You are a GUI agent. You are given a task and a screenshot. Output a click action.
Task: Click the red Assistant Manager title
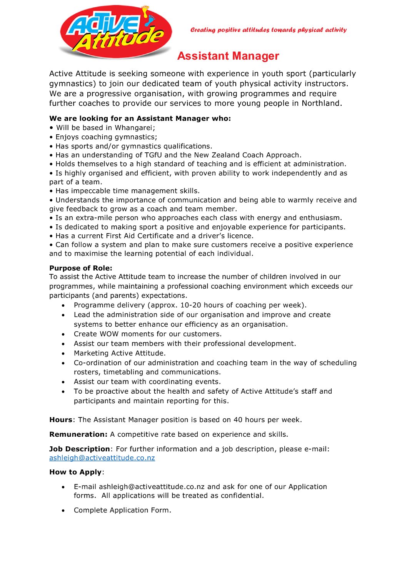228,56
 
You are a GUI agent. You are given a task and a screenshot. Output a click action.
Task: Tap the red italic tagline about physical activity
269,30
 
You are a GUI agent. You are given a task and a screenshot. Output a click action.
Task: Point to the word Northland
321,103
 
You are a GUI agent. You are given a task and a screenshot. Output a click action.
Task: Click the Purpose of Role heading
81,268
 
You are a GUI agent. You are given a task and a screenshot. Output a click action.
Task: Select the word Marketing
92,353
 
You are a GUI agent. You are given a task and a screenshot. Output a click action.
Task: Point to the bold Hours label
61,420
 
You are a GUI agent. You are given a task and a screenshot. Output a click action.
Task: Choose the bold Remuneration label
78,434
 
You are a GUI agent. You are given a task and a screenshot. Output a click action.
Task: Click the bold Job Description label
80,449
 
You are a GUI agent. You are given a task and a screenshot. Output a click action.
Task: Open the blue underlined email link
102,458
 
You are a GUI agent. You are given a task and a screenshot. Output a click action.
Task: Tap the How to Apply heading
76,472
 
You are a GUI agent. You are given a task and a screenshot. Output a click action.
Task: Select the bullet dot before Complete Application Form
63,511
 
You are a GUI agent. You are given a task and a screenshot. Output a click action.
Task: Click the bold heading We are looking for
140,119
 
